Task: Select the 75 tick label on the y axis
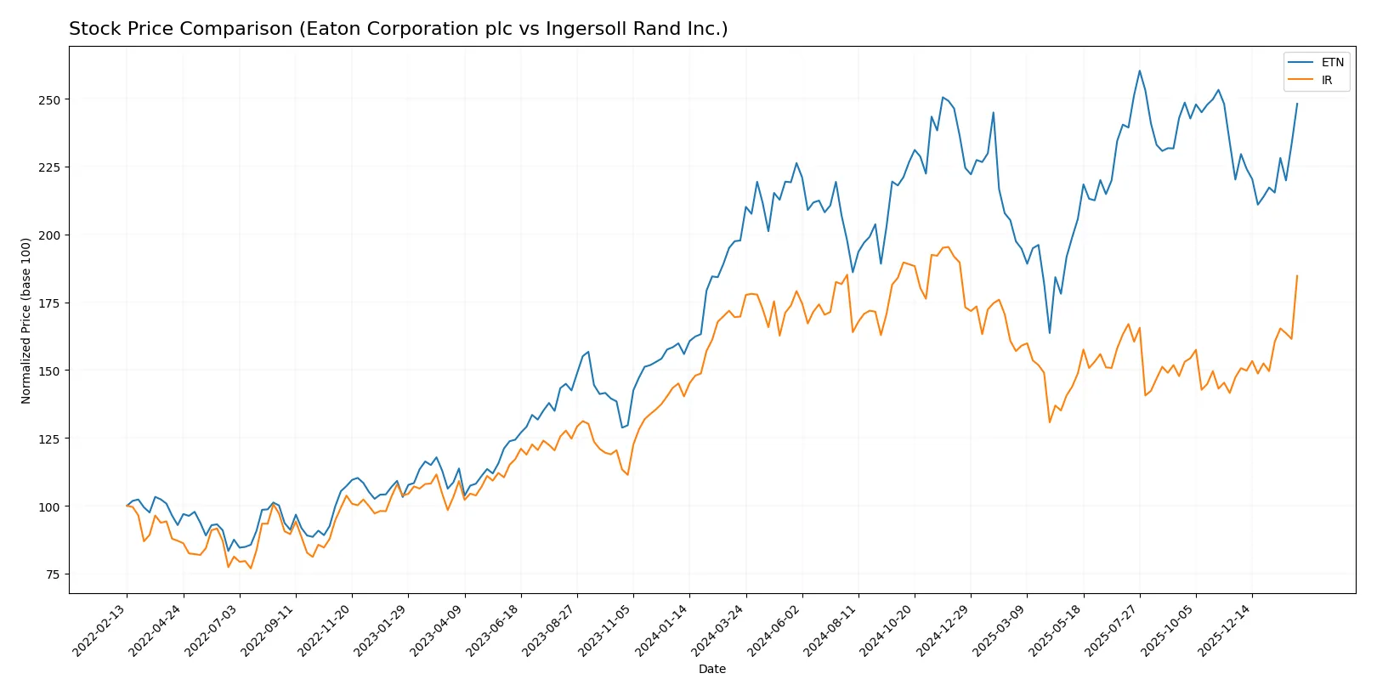point(53,574)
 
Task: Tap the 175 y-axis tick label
point(49,303)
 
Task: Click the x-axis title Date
point(711,669)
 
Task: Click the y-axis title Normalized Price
point(26,320)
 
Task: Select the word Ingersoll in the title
point(581,29)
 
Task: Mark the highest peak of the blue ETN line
point(1140,71)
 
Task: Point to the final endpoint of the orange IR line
point(1297,275)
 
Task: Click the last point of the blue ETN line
point(1297,104)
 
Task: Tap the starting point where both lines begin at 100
point(127,506)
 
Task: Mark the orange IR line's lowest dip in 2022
point(251,568)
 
